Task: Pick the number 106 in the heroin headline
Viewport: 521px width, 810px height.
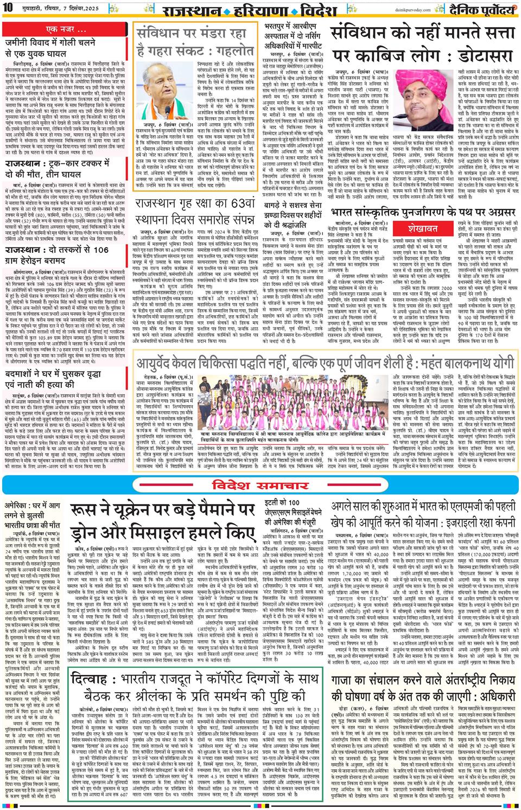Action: tap(100, 250)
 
